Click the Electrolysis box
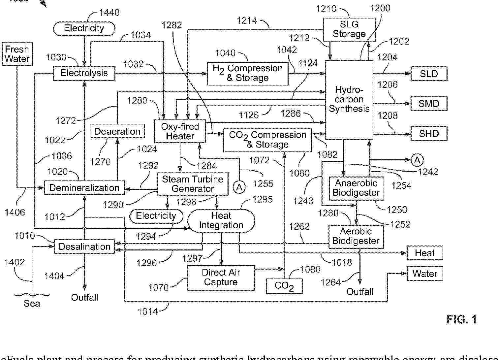coord(84,73)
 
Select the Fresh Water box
coord(17,54)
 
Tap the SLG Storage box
coord(349,29)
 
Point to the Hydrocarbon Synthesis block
coord(349,99)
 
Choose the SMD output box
coord(429,104)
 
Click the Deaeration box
coord(117,131)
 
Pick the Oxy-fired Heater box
coord(180,131)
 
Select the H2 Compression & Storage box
coord(248,73)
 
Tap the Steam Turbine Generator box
coord(193,184)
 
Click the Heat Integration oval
coord(221,220)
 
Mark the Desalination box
coord(84,246)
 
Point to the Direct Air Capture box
coord(221,278)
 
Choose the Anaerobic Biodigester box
coord(356,188)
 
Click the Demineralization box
coord(84,188)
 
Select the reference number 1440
coord(109,13)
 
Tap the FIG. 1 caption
coord(461,319)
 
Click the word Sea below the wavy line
coord(32,303)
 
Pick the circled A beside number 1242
coord(417,160)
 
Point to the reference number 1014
coord(147,311)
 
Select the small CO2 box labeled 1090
coord(284,286)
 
